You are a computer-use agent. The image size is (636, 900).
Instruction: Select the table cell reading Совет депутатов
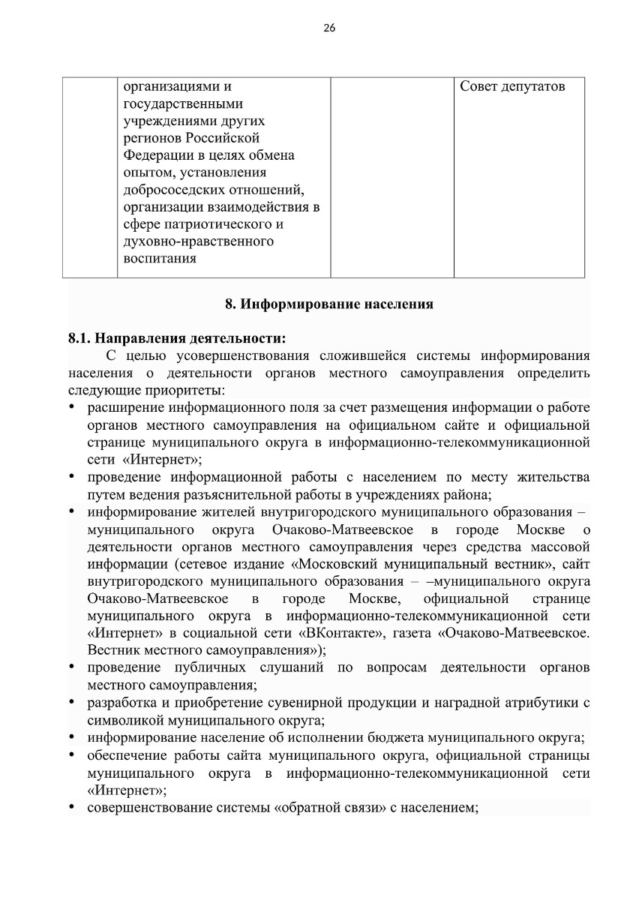pos(512,87)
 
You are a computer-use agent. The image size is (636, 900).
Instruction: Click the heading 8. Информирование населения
pos(329,304)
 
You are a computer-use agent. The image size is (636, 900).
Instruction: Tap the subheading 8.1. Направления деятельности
pos(177,337)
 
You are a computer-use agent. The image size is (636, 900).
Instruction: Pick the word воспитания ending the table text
pos(160,259)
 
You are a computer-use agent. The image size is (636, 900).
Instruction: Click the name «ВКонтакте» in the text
pos(345,632)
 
